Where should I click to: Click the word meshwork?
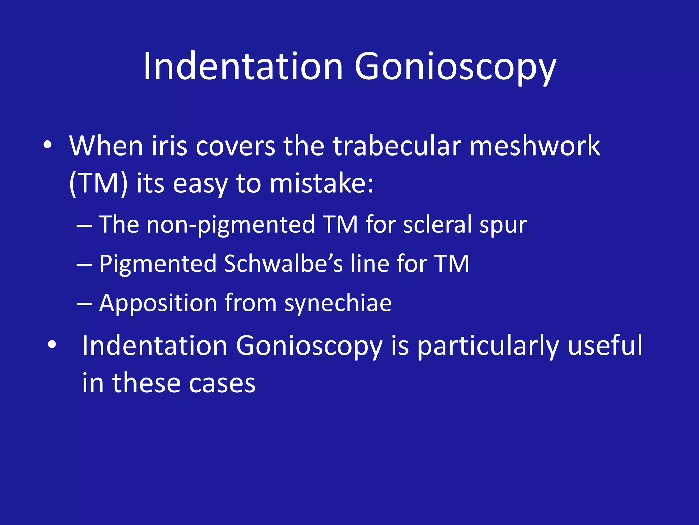click(x=534, y=146)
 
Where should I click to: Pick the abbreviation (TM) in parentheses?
click(x=98, y=184)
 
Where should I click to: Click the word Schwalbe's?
click(x=283, y=264)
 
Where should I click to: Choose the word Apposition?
click(x=158, y=304)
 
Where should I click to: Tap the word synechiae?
click(x=338, y=304)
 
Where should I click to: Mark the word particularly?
click(x=488, y=346)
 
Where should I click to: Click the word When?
click(x=106, y=146)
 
